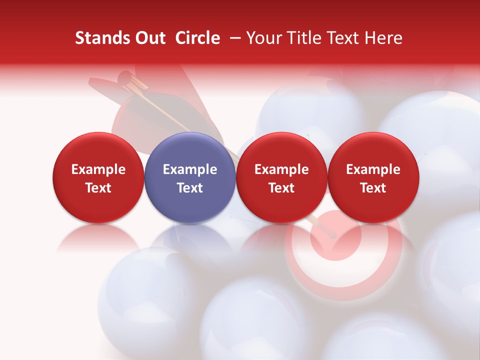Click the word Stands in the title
click(x=100, y=38)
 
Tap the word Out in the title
click(x=148, y=38)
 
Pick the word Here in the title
click(x=385, y=38)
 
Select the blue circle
click(x=190, y=177)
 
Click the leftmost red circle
click(x=98, y=177)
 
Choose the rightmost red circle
click(x=373, y=177)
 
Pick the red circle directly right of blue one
click(x=281, y=177)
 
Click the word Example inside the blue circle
click(x=190, y=169)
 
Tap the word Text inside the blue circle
click(x=190, y=188)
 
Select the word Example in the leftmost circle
click(x=98, y=169)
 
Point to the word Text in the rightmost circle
click(x=373, y=188)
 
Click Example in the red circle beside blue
click(x=281, y=169)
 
